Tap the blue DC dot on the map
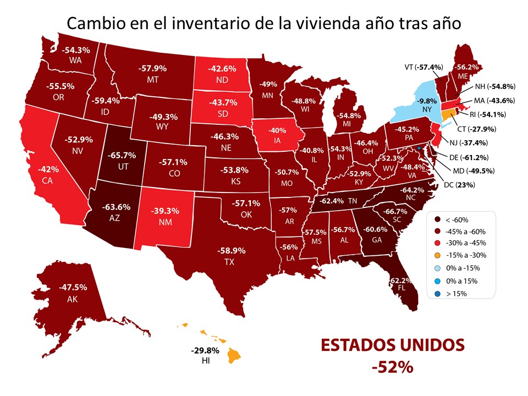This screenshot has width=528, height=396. [x=419, y=148]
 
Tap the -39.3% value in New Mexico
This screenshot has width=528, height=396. [x=166, y=210]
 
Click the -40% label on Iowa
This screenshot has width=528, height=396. [x=273, y=131]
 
